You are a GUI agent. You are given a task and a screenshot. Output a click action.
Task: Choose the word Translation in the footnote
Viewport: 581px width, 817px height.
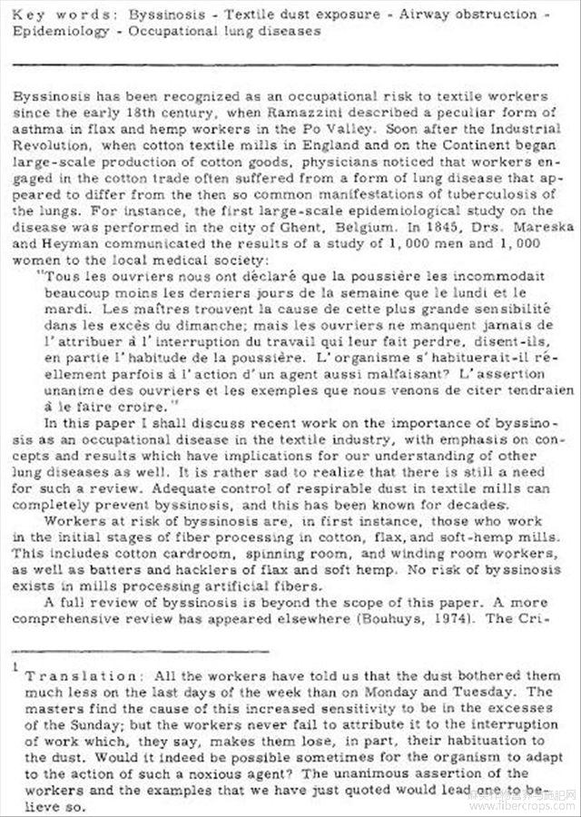(x=80, y=676)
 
